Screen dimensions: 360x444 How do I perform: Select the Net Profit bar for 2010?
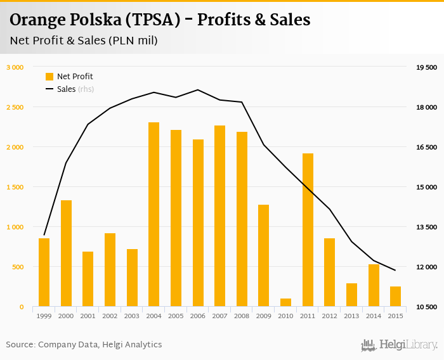[285, 302]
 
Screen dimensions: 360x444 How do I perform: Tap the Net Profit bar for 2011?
[308, 230]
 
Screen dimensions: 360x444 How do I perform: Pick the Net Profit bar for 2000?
[66, 254]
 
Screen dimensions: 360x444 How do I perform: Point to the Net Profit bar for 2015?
[395, 297]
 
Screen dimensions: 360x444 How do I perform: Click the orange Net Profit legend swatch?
[49, 77]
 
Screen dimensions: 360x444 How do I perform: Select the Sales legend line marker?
[49, 89]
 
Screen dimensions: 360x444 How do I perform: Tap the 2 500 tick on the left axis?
[15, 107]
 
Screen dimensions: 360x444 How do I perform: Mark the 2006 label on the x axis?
[198, 316]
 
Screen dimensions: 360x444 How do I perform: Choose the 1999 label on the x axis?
[44, 316]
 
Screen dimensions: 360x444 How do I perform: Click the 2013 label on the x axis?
[351, 316]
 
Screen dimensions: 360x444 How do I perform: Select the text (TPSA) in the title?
[156, 20]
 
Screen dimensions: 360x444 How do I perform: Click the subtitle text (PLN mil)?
[133, 41]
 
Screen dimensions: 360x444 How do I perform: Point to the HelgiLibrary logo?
[399, 345]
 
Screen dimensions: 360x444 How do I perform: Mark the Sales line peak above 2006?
[198, 89]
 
